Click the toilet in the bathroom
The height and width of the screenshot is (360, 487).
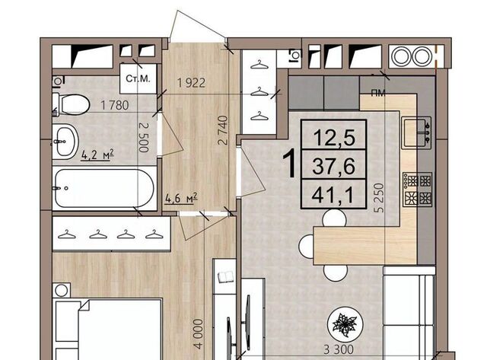[72, 104]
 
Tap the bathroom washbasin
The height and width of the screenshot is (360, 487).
[65, 142]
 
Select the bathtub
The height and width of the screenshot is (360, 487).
[104, 188]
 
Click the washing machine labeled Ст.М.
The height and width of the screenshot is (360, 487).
[138, 78]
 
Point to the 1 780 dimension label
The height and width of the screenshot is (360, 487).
[115, 105]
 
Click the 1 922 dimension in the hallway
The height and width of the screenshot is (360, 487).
[191, 83]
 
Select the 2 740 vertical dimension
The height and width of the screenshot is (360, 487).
[223, 130]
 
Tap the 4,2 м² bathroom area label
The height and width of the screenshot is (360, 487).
[97, 155]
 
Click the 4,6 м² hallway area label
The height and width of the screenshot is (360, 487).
[182, 198]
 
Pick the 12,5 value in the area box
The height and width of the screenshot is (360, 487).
[334, 137]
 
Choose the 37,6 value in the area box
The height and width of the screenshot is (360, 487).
[333, 166]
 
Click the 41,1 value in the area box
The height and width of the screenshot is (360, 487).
[333, 196]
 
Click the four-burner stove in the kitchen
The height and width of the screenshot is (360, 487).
[418, 190]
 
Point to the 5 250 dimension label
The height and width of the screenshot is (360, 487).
[379, 198]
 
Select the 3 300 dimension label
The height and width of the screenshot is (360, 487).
[339, 350]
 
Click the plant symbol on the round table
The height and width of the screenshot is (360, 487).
[344, 324]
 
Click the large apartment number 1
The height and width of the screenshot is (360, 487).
[289, 164]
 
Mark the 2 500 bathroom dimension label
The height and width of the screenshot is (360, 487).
[144, 137]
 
